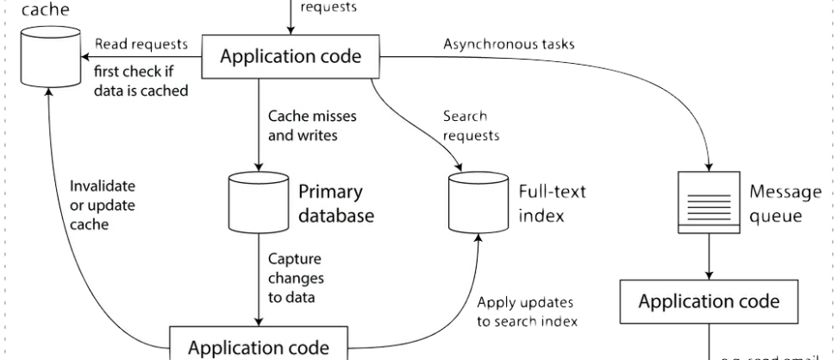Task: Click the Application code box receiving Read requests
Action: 291,58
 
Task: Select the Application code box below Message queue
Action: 708,302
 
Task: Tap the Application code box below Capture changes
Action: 257,346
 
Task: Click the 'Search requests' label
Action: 471,124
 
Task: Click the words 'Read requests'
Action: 135,42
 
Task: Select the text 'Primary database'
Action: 336,203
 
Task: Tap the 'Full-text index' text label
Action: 553,203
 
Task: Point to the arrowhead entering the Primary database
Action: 257,166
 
